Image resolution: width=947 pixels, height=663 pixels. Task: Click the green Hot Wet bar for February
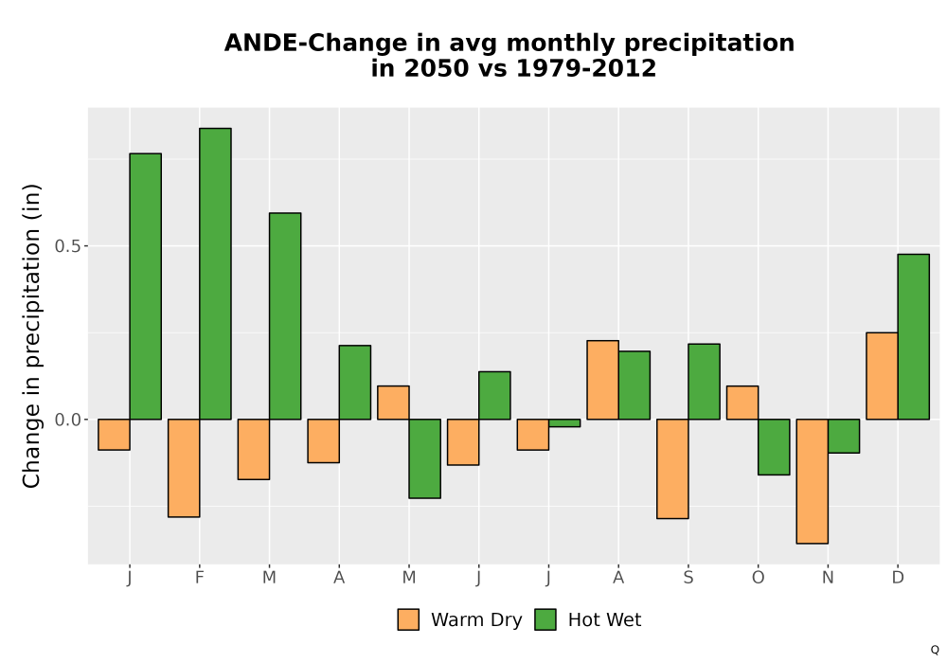[x=215, y=274]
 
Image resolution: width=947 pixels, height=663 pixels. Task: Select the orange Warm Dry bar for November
[x=812, y=481]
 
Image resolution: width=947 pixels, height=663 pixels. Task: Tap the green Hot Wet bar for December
[x=913, y=337]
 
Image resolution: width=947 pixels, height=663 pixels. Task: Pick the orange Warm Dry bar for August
[x=602, y=380]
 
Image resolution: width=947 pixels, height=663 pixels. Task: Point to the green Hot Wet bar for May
[x=424, y=458]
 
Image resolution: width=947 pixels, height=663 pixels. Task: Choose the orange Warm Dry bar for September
[x=672, y=469]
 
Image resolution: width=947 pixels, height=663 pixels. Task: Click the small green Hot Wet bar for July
[x=564, y=422]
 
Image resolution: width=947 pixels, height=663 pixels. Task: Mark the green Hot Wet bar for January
[x=145, y=286]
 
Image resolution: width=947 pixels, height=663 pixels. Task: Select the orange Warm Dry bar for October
[x=742, y=403]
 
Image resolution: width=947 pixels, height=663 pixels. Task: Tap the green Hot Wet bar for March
[x=285, y=315]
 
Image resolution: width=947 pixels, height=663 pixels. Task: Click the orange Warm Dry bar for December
[x=882, y=376]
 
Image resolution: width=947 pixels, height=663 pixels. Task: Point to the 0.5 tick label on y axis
[x=67, y=246]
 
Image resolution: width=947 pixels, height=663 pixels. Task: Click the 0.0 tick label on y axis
[x=67, y=420]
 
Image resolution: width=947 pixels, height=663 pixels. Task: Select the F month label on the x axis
[x=199, y=578]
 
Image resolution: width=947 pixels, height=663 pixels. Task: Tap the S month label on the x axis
[x=688, y=578]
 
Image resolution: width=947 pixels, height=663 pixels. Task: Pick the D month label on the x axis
[x=898, y=578]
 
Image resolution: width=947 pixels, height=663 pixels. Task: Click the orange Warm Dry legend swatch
[x=408, y=619]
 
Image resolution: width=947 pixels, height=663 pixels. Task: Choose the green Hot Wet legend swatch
[x=545, y=619]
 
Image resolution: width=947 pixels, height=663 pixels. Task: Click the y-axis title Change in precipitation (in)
[x=31, y=335]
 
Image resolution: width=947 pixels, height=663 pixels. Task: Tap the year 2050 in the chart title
[x=436, y=68]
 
